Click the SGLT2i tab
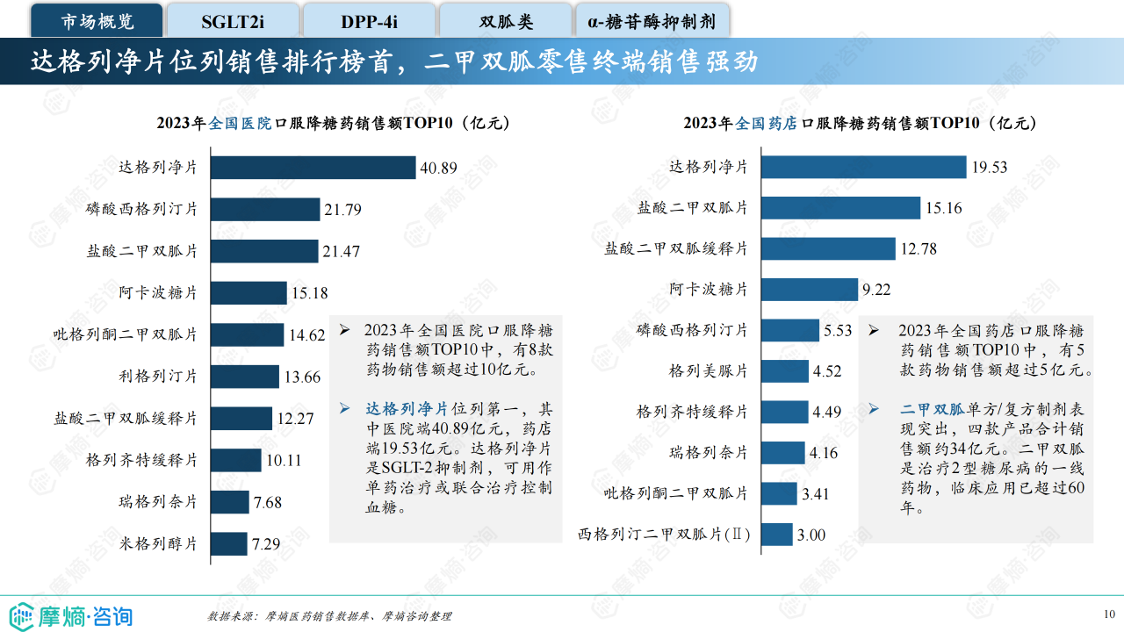(x=232, y=21)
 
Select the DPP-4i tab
(x=369, y=21)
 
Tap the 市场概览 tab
(x=97, y=21)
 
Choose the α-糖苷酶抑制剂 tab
(x=652, y=21)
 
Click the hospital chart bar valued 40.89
(x=313, y=167)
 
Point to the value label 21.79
(x=342, y=210)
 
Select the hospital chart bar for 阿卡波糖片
(x=249, y=293)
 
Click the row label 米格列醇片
(x=158, y=543)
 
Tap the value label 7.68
(x=268, y=502)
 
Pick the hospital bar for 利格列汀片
(x=245, y=377)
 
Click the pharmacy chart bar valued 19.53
(x=863, y=167)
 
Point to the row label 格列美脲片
(x=708, y=370)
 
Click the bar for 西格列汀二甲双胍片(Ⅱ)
(x=776, y=534)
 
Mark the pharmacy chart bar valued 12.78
(x=828, y=248)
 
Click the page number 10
(x=1109, y=614)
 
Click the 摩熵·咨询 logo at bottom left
(x=70, y=614)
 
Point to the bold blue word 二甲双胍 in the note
(x=933, y=409)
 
